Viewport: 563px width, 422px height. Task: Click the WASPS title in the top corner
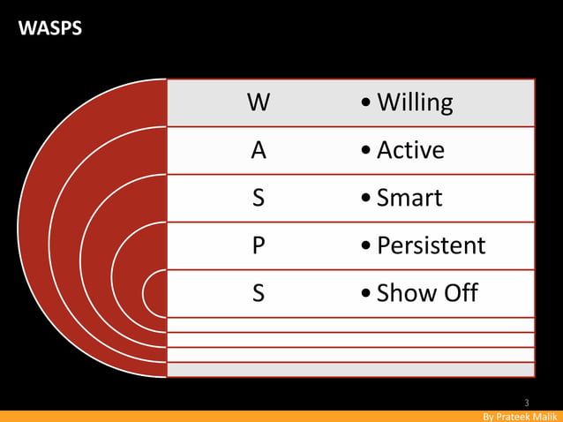[x=50, y=28]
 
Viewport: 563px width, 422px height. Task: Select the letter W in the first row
[x=258, y=103]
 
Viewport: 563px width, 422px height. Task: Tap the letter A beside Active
[x=258, y=151]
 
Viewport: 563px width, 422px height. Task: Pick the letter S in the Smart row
[x=258, y=198]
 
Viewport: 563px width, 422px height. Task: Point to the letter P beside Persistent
[x=258, y=245]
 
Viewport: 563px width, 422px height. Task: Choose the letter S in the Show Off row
[x=258, y=293]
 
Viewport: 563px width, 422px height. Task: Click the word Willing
[x=415, y=103]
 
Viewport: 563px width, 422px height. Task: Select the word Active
[x=410, y=151]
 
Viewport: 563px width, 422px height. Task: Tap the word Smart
[x=409, y=198]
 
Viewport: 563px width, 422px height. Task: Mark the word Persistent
[x=431, y=245]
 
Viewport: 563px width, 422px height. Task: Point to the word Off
[x=459, y=293]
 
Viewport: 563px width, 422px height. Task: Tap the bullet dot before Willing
[x=366, y=104]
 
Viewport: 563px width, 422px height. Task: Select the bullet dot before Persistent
[x=366, y=246]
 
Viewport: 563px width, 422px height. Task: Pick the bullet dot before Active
[x=366, y=152]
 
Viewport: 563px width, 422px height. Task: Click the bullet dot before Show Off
[x=366, y=294]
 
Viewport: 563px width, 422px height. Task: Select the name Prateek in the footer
[x=515, y=416]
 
